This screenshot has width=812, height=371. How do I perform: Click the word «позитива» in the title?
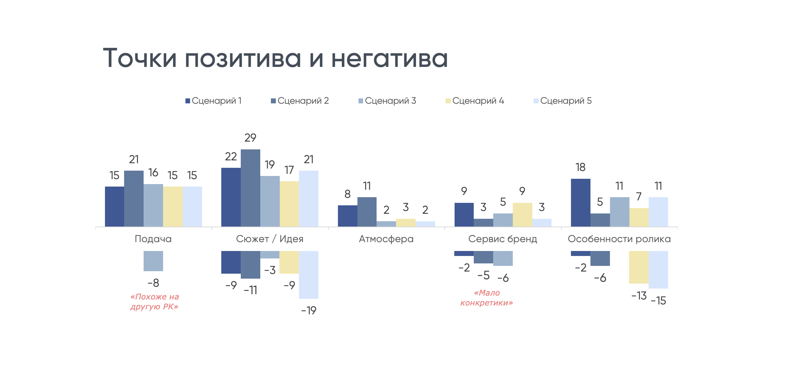[243, 58]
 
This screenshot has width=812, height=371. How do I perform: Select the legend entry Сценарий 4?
[475, 101]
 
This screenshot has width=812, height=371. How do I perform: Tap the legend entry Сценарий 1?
[213, 101]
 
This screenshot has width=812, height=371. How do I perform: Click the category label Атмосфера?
[386, 239]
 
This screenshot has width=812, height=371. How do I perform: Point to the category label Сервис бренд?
[502, 239]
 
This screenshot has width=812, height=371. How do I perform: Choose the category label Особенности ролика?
[619, 239]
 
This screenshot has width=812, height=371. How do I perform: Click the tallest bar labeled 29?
[250, 188]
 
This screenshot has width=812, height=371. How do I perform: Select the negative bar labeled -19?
[308, 274]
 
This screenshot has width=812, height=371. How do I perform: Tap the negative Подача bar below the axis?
[153, 261]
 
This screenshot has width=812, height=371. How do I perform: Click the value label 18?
[580, 167]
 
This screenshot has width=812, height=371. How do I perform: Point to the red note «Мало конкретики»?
[486, 298]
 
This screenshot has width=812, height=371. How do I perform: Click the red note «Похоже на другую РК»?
[154, 302]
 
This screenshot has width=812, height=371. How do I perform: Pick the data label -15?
[658, 301]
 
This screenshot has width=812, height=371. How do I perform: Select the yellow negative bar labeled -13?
[639, 267]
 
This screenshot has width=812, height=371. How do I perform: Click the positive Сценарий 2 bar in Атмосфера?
[367, 212]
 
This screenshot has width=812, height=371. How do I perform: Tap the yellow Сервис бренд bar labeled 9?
[522, 215]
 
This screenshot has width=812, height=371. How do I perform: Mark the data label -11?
[250, 290]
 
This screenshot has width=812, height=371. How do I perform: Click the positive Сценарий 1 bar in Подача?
[115, 206]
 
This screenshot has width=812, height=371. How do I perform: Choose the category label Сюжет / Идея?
[269, 239]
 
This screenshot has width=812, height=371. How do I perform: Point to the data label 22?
[231, 156]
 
